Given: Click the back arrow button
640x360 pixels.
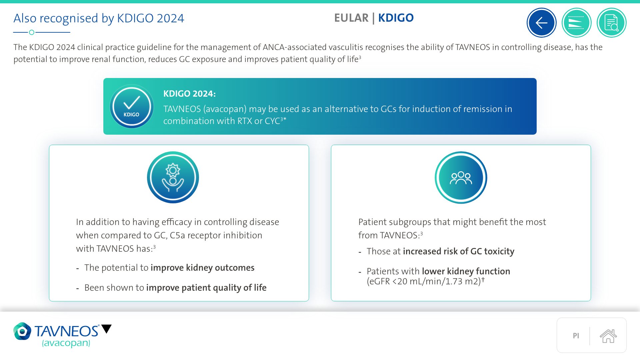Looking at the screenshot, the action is [541, 23].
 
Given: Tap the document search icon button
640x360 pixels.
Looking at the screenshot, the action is [611, 23].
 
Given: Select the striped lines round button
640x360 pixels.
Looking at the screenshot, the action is [576, 23].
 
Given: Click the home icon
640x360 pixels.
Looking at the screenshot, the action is [608, 336].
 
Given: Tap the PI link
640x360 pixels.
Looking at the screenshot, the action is [576, 336].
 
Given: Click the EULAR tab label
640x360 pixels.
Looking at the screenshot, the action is [351, 18].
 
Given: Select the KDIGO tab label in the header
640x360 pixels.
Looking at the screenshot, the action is [396, 18].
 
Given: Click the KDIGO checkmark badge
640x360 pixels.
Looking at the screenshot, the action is [132, 106].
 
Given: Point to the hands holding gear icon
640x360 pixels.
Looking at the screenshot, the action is [173, 177].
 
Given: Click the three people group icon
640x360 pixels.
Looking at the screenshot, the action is [461, 178].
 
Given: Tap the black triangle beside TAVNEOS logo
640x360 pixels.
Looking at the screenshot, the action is [106, 329].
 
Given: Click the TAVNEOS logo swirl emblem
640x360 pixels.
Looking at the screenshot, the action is [22, 331].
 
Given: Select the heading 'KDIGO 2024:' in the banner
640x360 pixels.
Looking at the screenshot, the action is [189, 94].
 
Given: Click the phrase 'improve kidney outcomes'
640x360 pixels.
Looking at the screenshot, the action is [202, 268].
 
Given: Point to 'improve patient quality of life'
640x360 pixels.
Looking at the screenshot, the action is [206, 288].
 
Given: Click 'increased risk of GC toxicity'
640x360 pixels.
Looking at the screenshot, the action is [459, 251].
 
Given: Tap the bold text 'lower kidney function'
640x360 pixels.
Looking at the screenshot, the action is [466, 271].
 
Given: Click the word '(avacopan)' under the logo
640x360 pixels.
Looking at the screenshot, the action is [66, 343].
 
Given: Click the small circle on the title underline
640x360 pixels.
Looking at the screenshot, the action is [32, 32].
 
